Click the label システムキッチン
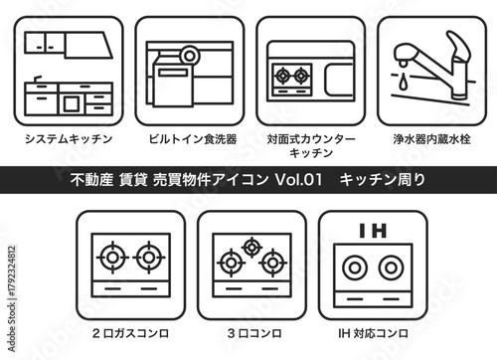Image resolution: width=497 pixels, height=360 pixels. click(x=69, y=139)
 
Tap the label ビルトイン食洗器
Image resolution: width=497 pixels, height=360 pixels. click(x=189, y=139)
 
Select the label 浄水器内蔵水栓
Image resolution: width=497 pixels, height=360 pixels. click(x=430, y=139)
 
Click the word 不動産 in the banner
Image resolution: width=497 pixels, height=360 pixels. click(x=94, y=179)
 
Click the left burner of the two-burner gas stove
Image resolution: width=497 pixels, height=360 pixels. click(x=110, y=259)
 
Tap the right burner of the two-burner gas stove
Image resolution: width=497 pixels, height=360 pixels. click(x=150, y=259)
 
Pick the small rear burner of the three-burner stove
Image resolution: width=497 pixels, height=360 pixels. click(x=250, y=246)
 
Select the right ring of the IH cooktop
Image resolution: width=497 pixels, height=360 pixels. click(x=391, y=269)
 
